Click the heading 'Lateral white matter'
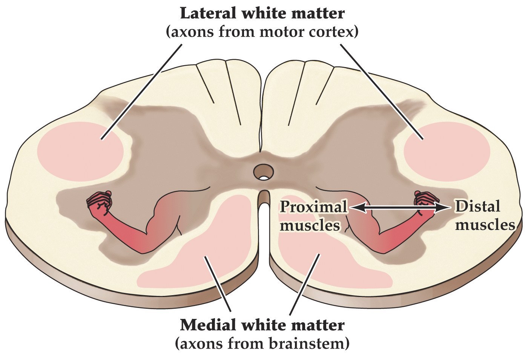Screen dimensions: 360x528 click(x=262, y=13)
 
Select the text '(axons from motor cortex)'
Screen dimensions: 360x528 click(x=262, y=32)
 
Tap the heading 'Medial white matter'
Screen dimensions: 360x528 click(x=262, y=325)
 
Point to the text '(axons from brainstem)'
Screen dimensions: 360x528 click(x=262, y=343)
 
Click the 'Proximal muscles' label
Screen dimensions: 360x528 click(x=313, y=216)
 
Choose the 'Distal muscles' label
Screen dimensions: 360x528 click(x=484, y=216)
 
